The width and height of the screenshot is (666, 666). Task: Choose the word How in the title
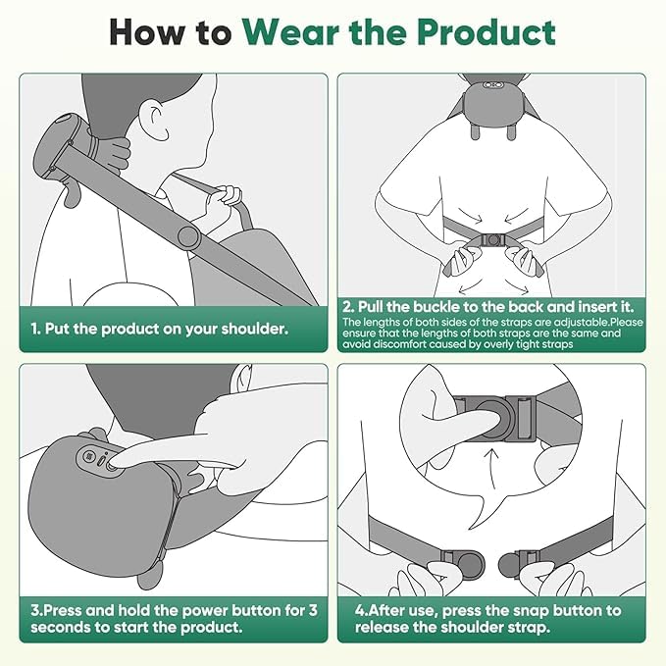[147, 32]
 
